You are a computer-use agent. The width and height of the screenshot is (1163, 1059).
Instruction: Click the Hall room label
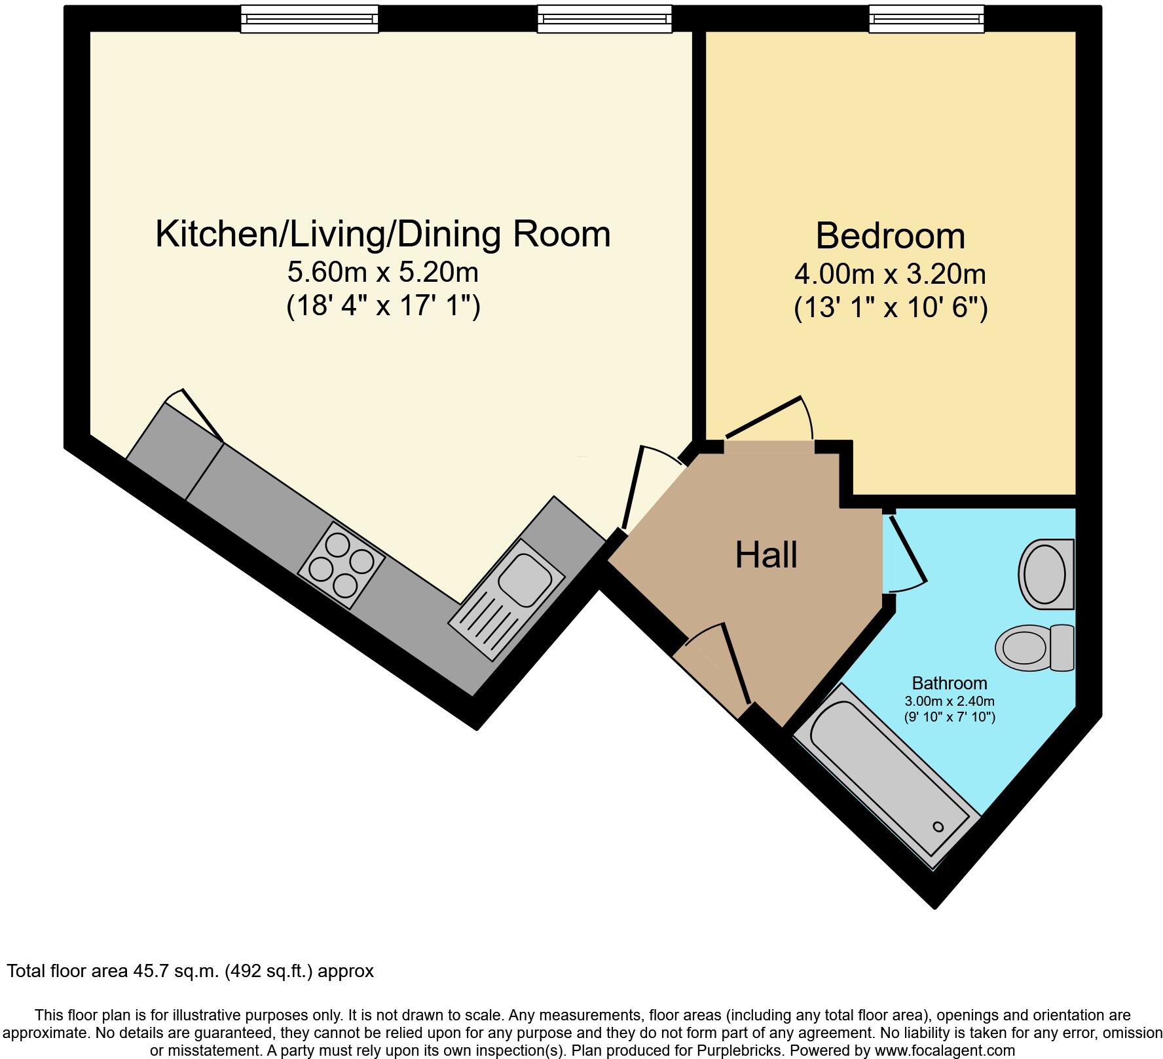coord(766,555)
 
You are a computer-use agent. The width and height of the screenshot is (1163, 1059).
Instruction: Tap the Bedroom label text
coord(890,236)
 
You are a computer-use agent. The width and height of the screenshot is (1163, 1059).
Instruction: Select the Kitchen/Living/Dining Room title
coord(383,234)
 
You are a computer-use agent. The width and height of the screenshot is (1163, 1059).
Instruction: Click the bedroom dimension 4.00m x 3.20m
coord(890,274)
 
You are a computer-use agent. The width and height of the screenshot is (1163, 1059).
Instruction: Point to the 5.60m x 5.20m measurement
coord(383,272)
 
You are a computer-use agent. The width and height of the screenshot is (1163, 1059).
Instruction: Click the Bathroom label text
coord(949,684)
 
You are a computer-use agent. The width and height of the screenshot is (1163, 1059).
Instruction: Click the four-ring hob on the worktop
coord(341,564)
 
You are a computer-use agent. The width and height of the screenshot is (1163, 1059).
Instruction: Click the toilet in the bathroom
coord(1035,647)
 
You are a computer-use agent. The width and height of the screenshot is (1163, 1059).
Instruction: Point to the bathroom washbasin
coord(1046,574)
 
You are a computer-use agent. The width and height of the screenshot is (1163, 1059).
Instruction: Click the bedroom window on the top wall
coord(926,19)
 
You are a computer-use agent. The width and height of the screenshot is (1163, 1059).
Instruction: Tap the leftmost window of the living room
coord(309,19)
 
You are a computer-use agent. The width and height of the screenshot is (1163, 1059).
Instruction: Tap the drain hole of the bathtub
coord(938,827)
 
